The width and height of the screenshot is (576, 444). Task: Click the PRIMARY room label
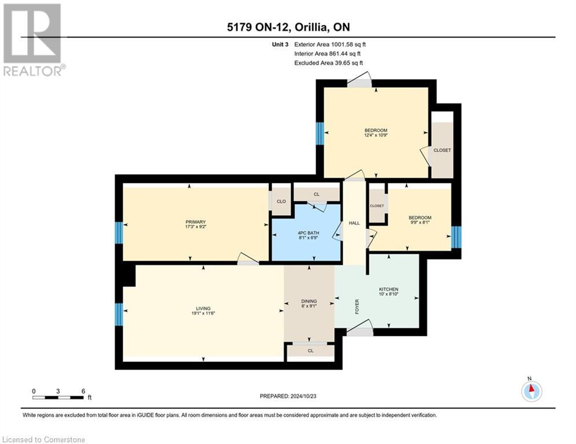pyautogui.click(x=196, y=222)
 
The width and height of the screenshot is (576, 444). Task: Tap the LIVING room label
pyautogui.click(x=203, y=309)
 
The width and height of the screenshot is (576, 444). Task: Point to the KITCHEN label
pyautogui.click(x=388, y=290)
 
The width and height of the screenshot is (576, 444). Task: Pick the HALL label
pyautogui.click(x=354, y=223)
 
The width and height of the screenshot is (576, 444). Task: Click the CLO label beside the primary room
pyautogui.click(x=281, y=202)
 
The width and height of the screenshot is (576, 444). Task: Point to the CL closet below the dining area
pyautogui.click(x=310, y=350)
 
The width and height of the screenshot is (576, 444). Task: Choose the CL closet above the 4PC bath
pyautogui.click(x=316, y=194)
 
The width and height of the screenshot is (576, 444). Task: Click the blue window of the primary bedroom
pyautogui.click(x=119, y=233)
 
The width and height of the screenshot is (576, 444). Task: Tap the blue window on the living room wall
pyautogui.click(x=119, y=314)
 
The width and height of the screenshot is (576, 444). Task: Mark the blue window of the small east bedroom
pyautogui.click(x=456, y=236)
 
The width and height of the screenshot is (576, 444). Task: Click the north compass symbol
pyautogui.click(x=531, y=391)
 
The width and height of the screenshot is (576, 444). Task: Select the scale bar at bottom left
pyautogui.click(x=58, y=397)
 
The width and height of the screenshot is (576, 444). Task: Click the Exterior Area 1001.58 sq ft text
pyautogui.click(x=329, y=44)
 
